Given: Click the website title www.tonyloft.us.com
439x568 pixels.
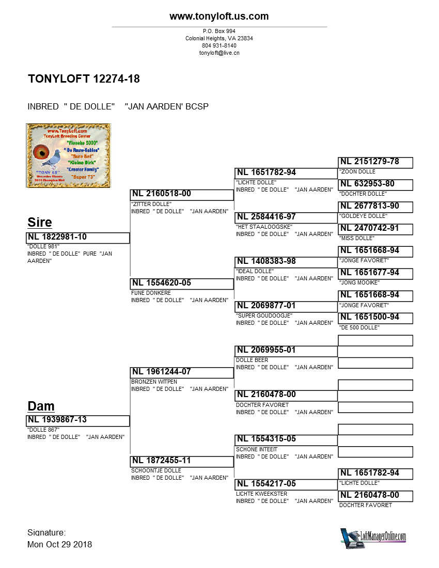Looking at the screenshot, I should pos(219,17).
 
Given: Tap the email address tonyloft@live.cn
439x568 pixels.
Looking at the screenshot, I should pos(219,53).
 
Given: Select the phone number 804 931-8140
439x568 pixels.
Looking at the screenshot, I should pos(219,45).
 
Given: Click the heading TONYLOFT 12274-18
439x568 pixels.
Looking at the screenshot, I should pos(84,79).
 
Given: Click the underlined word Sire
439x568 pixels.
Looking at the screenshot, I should pos(40,223).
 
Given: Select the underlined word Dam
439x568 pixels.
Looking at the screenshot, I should pos(41,406).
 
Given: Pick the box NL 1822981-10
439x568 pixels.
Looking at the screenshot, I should pos(77,238).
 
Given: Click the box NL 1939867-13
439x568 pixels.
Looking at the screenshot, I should pos(77,420).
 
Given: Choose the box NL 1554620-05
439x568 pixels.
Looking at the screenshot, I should pos(182,283).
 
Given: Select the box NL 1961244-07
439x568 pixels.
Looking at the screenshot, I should pos(182,372).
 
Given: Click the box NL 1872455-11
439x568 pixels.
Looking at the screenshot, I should pos(182,461).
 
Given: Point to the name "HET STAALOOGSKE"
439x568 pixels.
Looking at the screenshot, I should pos(264,227).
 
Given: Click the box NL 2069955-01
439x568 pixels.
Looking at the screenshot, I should pos(286,351).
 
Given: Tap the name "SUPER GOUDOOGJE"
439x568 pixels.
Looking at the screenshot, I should pos(264,315).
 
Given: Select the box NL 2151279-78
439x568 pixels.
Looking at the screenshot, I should pos(375,162).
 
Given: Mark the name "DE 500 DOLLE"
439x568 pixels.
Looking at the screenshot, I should pos(359,327).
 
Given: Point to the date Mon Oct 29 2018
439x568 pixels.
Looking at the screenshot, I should pos(59,544).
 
